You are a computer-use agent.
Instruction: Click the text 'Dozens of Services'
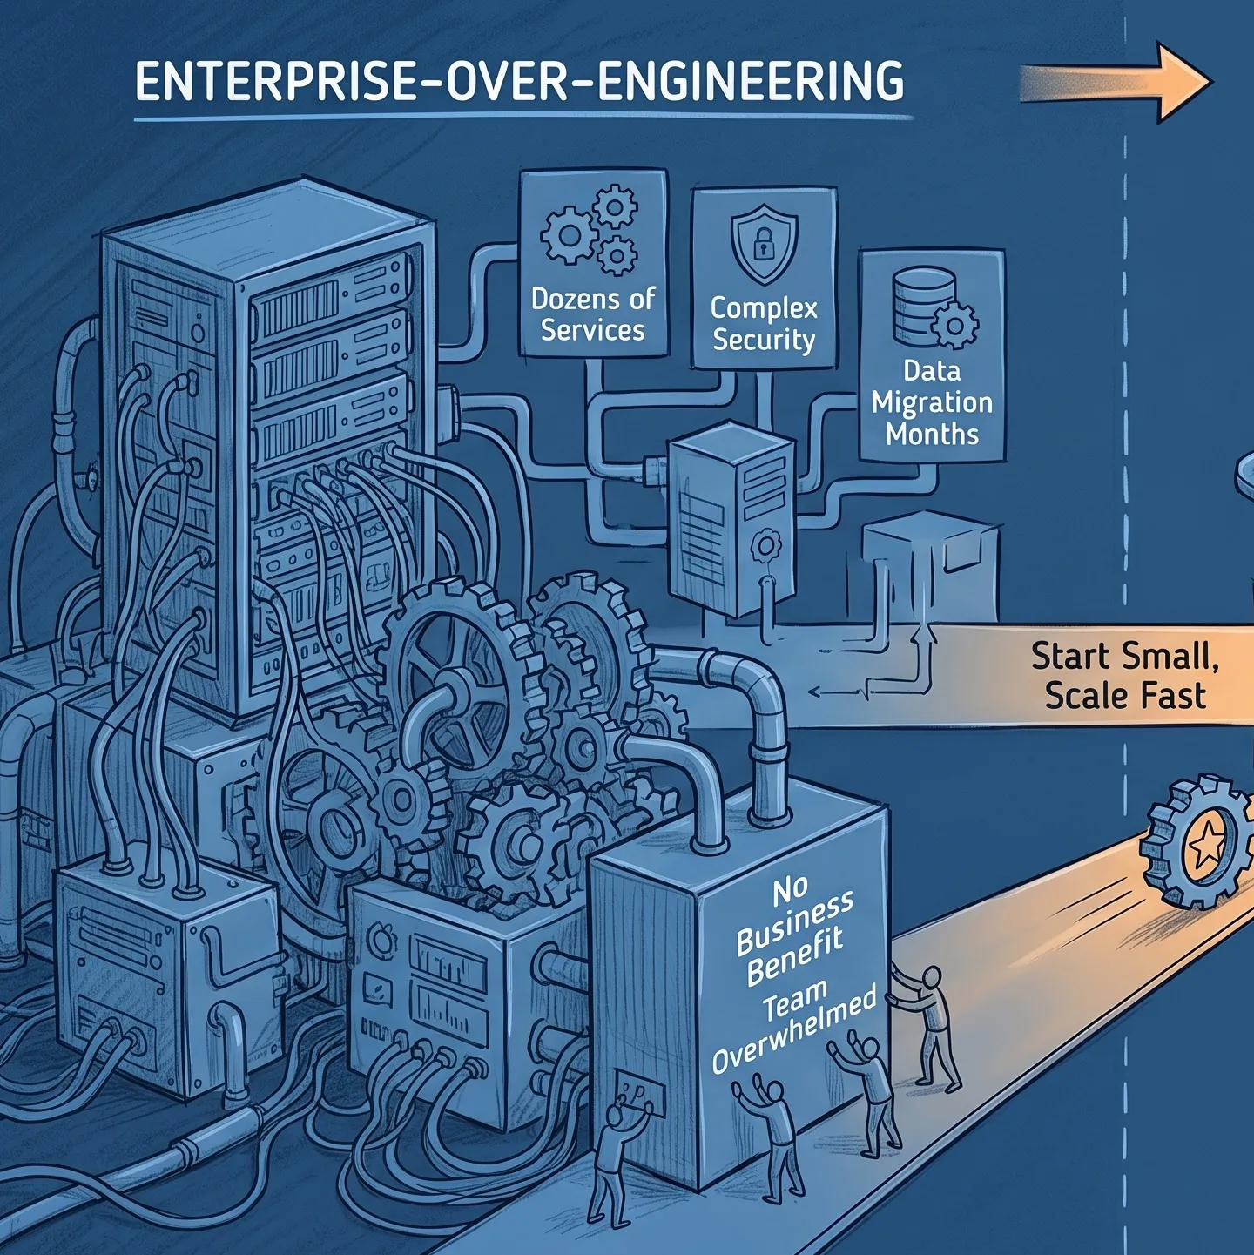592,314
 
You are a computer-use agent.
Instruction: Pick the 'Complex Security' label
764,324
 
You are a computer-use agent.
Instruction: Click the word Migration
932,403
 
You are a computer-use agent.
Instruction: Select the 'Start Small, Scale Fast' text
1125,676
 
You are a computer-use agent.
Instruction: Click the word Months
932,434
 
